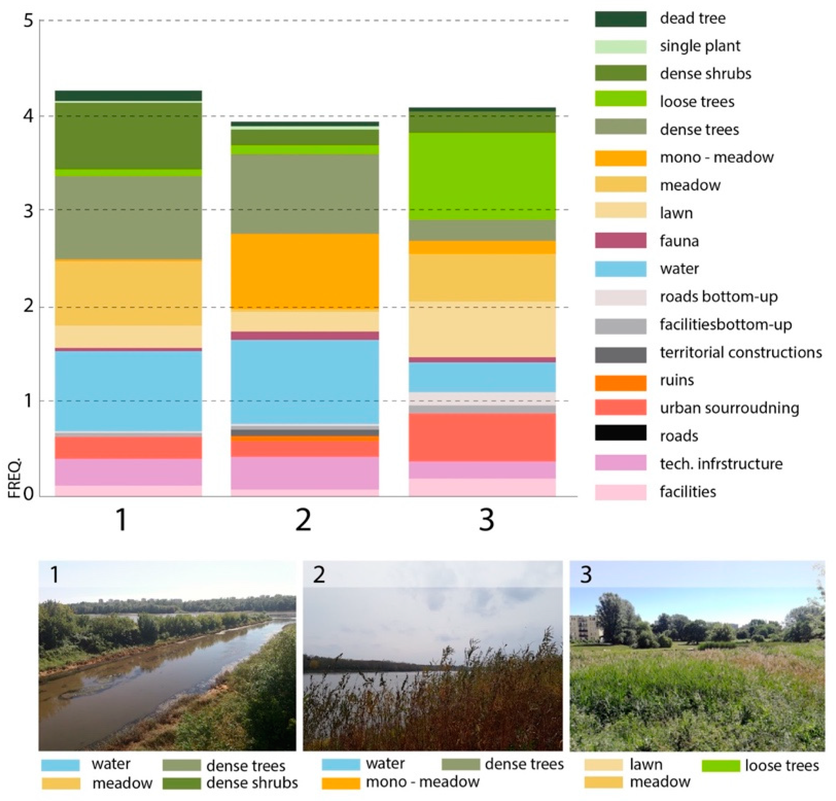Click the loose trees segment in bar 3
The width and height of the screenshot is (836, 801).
coord(482,176)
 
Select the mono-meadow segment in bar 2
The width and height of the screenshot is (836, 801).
coord(305,272)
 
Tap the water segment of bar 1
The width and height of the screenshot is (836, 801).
coord(129,391)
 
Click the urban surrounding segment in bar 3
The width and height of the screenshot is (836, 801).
coord(482,437)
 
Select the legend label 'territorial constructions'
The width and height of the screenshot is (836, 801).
coord(740,352)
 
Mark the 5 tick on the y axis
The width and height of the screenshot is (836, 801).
coord(28,20)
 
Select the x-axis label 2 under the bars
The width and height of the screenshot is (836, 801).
coord(303,520)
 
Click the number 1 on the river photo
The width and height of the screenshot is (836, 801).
coord(54,575)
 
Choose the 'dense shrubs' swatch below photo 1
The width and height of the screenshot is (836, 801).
coord(182,783)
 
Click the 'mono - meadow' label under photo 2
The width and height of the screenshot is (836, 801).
coord(422,782)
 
